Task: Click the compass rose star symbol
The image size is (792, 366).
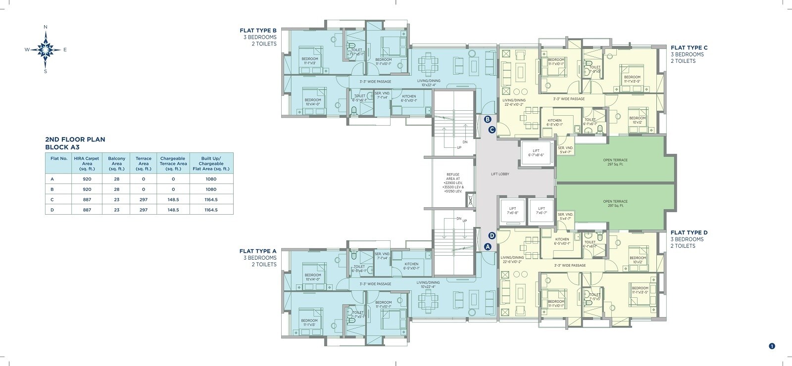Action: (x=46, y=49)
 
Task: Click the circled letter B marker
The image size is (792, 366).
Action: (x=487, y=119)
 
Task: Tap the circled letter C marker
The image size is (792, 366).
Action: (x=492, y=130)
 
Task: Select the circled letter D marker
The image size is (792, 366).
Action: (x=492, y=236)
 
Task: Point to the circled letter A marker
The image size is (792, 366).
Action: (x=487, y=247)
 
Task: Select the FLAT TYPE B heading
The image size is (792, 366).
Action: (x=258, y=30)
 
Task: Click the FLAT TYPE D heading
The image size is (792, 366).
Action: (x=689, y=232)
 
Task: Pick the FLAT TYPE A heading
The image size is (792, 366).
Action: (x=258, y=251)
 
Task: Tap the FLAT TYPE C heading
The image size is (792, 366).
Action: (x=689, y=48)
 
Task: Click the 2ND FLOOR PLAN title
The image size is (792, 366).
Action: (x=75, y=140)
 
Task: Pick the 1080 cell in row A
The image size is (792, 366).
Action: (x=211, y=179)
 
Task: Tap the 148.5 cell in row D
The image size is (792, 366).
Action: (x=173, y=210)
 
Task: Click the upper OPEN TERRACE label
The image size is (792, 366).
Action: (x=615, y=162)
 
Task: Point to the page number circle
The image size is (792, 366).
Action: (x=772, y=346)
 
